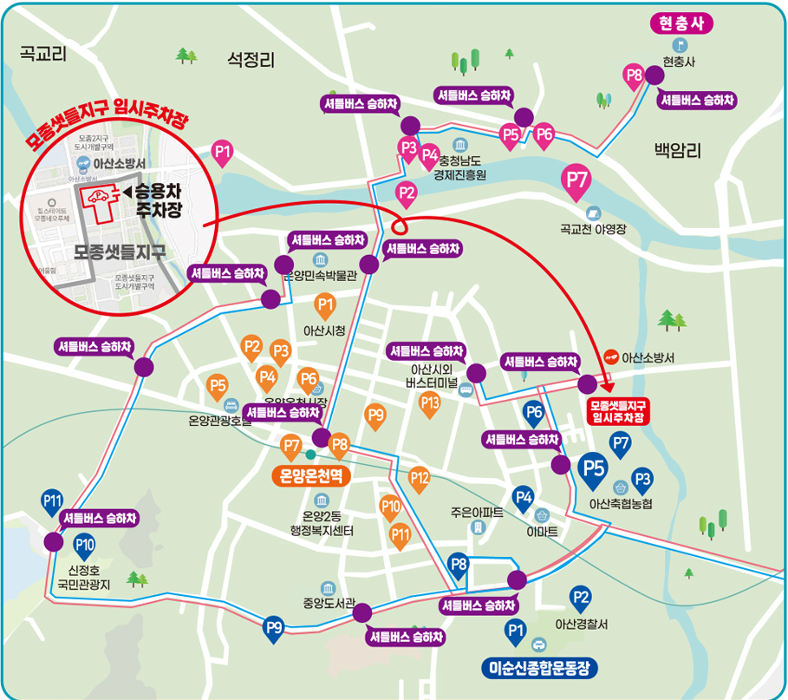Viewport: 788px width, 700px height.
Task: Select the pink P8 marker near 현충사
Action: [x=634, y=76]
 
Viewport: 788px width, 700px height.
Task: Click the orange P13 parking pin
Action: [x=429, y=403]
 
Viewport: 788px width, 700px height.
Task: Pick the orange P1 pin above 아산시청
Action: [x=325, y=305]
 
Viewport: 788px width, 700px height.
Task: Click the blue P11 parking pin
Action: [x=52, y=501]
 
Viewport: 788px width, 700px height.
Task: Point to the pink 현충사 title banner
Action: [x=680, y=23]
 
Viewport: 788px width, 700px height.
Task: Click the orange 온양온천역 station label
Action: [x=311, y=475]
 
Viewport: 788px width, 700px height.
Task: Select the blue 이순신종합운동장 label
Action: [x=538, y=668]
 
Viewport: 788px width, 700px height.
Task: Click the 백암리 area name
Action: [x=676, y=151]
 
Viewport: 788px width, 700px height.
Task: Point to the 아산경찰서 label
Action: [x=581, y=624]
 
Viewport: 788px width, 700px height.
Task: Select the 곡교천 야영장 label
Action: [x=593, y=230]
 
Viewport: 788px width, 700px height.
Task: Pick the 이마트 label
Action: [x=542, y=530]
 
